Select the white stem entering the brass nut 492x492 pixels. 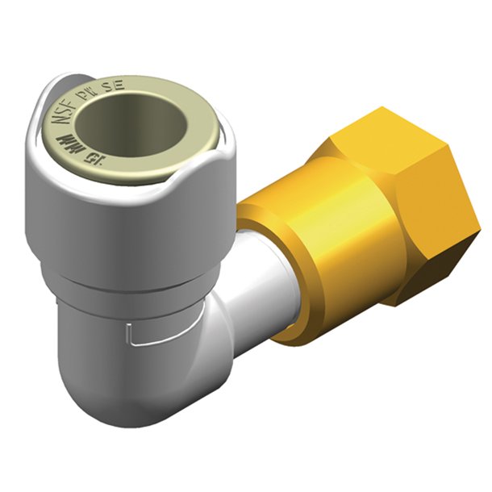[x=258, y=290]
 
